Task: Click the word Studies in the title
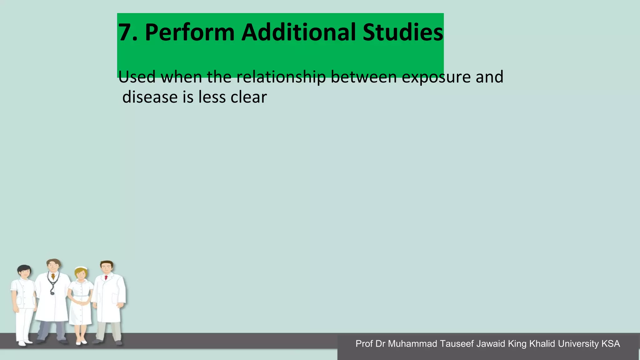(403, 32)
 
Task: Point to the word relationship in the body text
(281, 77)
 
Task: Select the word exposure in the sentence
(436, 77)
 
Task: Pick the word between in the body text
(363, 77)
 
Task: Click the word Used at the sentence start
(137, 77)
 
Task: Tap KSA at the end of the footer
(611, 344)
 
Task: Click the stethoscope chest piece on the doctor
(52, 293)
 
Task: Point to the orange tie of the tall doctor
(53, 277)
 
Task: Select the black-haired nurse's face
(24, 273)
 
